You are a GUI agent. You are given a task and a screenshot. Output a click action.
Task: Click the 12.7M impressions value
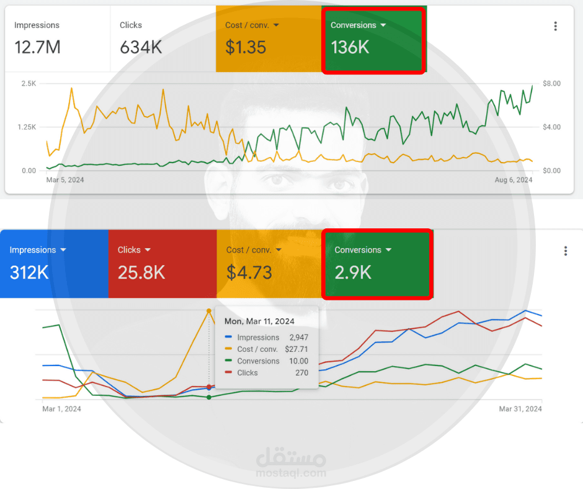37,47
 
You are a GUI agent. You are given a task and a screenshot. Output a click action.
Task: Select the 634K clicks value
141,47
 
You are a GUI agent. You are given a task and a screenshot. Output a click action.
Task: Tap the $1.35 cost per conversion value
246,47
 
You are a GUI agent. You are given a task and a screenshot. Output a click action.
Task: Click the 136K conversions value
350,47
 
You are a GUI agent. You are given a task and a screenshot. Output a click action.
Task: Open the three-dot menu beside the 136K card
555,26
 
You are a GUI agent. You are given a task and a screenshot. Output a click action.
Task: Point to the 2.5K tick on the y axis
29,83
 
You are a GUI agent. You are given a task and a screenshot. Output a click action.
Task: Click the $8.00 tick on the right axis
551,83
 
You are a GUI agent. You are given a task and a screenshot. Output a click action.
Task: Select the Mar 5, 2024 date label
65,180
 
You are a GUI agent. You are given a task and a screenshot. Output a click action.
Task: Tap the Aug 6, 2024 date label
513,180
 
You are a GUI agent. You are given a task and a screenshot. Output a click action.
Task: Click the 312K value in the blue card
29,272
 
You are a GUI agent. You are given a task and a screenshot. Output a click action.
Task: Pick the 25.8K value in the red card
141,272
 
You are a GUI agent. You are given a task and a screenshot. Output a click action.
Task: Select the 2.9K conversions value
353,272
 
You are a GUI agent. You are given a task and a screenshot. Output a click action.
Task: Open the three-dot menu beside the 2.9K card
565,251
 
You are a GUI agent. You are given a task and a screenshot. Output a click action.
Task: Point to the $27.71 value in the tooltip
296,349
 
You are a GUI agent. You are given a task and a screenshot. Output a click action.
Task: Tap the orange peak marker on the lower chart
208,310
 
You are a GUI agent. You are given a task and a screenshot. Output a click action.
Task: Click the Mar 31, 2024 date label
520,409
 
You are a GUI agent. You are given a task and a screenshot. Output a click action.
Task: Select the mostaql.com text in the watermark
291,473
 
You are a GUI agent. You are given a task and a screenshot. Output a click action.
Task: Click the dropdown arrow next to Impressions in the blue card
63,250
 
